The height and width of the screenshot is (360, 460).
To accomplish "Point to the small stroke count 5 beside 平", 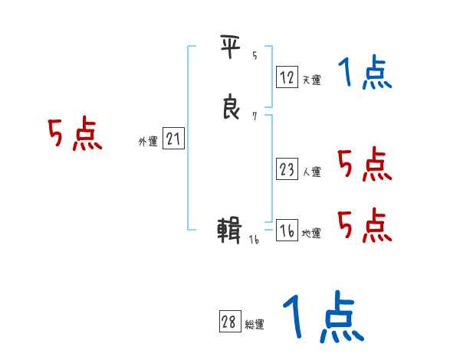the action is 254,55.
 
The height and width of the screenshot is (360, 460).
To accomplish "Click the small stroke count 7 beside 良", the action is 254,116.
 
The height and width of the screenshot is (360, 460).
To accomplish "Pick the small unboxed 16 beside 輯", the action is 255,239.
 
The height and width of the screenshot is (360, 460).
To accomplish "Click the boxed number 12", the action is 287,77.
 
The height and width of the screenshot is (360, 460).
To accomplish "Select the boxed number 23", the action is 287,169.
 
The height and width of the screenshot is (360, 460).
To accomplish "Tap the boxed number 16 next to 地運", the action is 287,231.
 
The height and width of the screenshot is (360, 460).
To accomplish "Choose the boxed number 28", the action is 228,322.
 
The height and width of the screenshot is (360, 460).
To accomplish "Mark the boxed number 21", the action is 174,139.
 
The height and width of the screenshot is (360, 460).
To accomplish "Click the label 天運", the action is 311,79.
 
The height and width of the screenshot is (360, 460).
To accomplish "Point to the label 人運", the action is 311,172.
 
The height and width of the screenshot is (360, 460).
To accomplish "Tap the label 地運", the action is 311,234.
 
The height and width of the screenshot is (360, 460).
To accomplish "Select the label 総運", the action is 255,325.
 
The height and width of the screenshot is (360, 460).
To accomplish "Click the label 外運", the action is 147,142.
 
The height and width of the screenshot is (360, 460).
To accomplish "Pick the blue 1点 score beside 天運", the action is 365,74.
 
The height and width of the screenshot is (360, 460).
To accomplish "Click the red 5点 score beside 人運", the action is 365,164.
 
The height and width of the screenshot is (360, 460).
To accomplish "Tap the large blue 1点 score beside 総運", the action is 322,318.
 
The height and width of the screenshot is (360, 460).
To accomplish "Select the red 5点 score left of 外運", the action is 74,136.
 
